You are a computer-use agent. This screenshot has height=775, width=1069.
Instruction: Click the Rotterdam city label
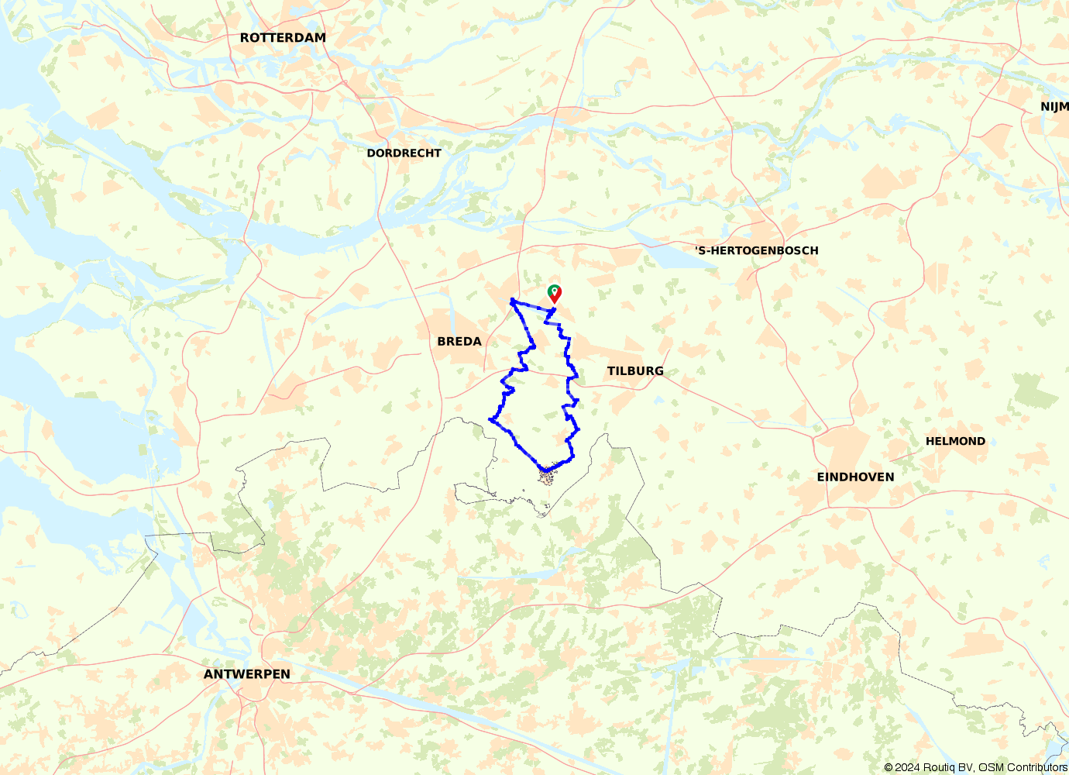pyautogui.click(x=283, y=37)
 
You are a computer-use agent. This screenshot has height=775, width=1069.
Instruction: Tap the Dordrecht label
pyautogui.click(x=404, y=153)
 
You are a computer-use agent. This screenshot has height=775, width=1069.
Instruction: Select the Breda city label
pyautogui.click(x=459, y=341)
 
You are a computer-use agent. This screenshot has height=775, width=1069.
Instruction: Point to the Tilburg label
pyautogui.click(x=635, y=371)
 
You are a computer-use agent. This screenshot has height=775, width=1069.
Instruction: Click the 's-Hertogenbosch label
pyautogui.click(x=757, y=250)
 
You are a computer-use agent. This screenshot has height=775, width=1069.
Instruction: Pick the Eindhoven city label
pyautogui.click(x=855, y=477)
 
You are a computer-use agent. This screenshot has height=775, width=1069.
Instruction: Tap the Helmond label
pyautogui.click(x=955, y=441)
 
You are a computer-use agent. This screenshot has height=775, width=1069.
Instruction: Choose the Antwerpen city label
pyautogui.click(x=247, y=674)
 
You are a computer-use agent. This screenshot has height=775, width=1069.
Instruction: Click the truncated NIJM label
pyautogui.click(x=1054, y=107)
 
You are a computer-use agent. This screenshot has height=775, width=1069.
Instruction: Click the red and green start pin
pyautogui.click(x=555, y=293)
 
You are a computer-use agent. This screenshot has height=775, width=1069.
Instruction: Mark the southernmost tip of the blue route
pyautogui.click(x=546, y=470)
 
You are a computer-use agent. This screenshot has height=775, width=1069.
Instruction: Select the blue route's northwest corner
pyautogui.click(x=512, y=299)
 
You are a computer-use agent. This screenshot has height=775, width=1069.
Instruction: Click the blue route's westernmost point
pyautogui.click(x=490, y=419)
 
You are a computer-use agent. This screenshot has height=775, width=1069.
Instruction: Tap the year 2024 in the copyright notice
pyautogui.click(x=907, y=767)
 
